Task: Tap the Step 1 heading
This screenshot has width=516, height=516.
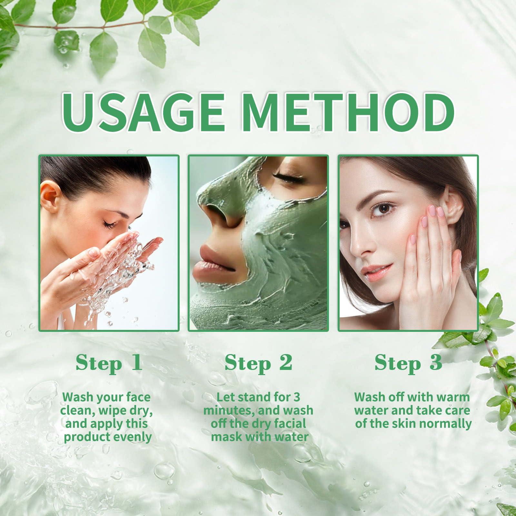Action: click(x=109, y=363)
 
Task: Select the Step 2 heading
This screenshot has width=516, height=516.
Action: click(x=258, y=363)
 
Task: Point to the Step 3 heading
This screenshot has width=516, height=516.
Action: click(x=408, y=363)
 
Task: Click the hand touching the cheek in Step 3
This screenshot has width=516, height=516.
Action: click(x=429, y=258)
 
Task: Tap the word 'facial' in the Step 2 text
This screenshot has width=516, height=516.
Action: click(x=290, y=424)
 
